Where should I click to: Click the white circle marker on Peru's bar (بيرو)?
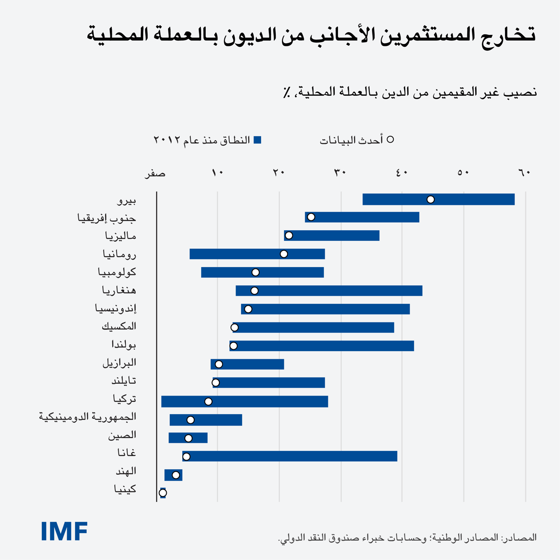431,199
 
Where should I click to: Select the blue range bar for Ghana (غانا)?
291,456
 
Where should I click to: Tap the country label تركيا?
124,399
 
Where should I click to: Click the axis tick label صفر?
155,173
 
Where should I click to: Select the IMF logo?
64,531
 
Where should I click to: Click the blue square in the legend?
258,140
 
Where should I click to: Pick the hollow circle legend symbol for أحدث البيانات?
390,139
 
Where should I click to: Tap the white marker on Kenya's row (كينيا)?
163,493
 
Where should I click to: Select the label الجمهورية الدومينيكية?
88,417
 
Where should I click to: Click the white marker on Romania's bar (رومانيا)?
284,254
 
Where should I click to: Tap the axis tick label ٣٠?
340,173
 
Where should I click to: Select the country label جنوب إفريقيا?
107,218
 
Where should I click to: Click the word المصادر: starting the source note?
519,538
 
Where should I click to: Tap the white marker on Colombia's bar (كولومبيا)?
256,273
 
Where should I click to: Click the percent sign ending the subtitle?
287,93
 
